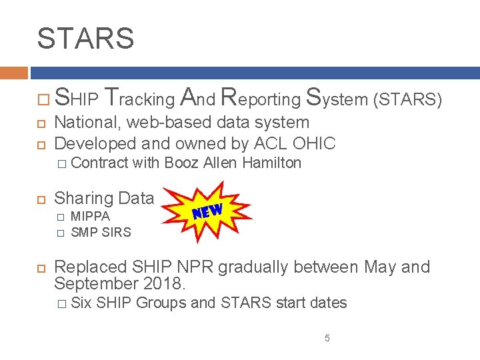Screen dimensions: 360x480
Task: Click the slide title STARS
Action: [85, 38]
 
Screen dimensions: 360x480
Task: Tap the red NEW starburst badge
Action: [207, 211]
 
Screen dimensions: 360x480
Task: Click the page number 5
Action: [327, 339]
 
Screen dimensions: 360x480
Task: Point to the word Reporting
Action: [260, 99]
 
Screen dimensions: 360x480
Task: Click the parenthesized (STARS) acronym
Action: [408, 99]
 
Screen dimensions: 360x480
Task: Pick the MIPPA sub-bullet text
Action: [90, 216]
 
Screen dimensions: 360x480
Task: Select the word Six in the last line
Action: [81, 303]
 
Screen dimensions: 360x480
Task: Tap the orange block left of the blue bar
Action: [13, 73]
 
